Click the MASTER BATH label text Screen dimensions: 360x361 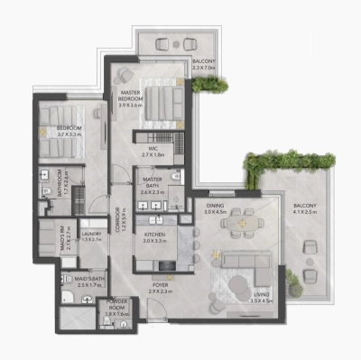point(151,184)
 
